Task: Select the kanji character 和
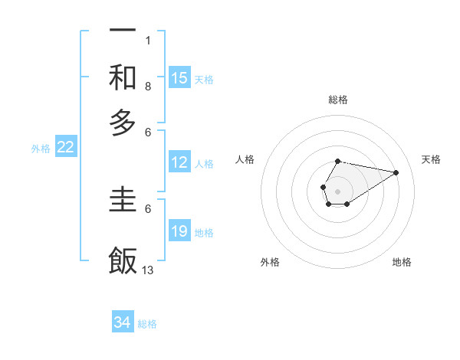click(x=123, y=77)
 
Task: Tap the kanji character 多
click(x=123, y=122)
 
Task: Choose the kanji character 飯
click(x=123, y=260)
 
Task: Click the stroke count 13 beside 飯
click(x=148, y=270)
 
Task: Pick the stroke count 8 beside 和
click(x=147, y=86)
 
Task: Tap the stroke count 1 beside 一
click(x=147, y=40)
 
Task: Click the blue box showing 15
click(x=179, y=78)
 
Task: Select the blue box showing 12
click(x=179, y=162)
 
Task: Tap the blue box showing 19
click(x=179, y=231)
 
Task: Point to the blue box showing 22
click(x=65, y=148)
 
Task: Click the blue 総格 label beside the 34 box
click(x=147, y=324)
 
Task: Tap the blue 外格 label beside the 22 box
click(x=41, y=149)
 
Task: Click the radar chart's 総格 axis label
click(x=337, y=100)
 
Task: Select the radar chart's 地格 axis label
click(x=402, y=262)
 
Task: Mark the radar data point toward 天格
click(x=396, y=172)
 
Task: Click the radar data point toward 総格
click(x=337, y=161)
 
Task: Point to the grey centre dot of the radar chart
click(x=337, y=190)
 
